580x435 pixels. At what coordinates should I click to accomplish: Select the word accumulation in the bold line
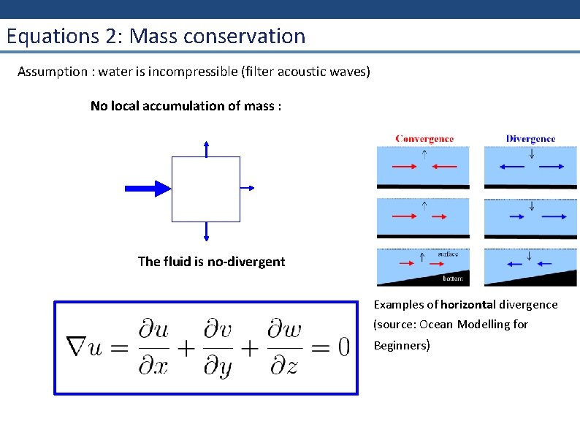pyautogui.click(x=186, y=106)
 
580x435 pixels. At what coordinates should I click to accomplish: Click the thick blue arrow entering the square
pyautogui.click(x=148, y=188)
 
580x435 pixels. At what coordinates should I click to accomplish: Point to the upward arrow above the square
pyautogui.click(x=207, y=148)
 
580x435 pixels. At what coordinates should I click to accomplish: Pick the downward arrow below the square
pyautogui.click(x=207, y=231)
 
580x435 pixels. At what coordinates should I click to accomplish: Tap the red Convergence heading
pyautogui.click(x=424, y=139)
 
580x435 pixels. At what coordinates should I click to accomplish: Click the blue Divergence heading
pyautogui.click(x=530, y=139)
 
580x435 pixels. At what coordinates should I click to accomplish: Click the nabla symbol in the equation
pyautogui.click(x=77, y=347)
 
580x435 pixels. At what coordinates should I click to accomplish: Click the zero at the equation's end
pyautogui.click(x=340, y=347)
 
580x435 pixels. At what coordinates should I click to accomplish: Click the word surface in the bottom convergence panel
pyautogui.click(x=448, y=254)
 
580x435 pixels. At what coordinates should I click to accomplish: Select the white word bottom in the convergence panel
pyautogui.click(x=453, y=279)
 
